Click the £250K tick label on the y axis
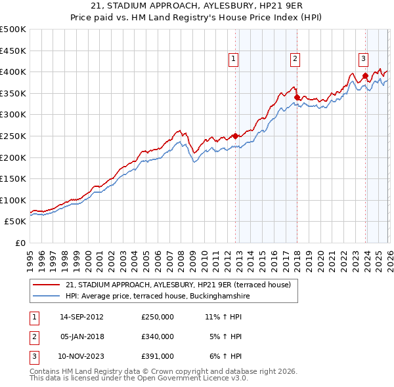(13, 136)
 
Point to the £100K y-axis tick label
(13, 200)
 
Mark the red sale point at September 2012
(235, 136)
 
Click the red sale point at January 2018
(297, 97)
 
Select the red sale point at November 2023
(365, 75)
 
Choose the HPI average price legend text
(158, 296)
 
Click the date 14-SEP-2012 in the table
(81, 317)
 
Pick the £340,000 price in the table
(158, 336)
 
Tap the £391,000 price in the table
(158, 356)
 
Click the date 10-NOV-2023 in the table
(81, 356)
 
